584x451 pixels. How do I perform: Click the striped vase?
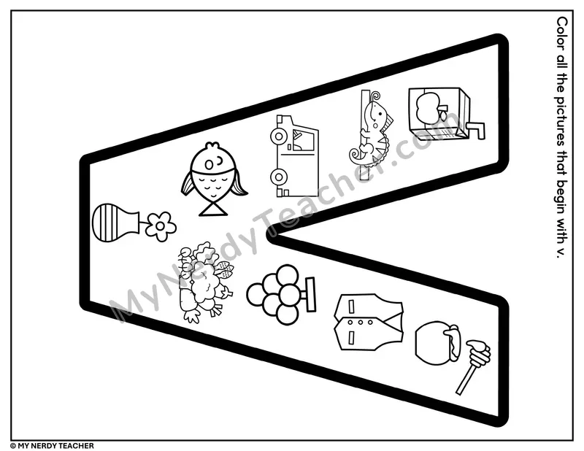point(115,223)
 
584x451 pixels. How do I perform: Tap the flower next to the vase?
point(161,226)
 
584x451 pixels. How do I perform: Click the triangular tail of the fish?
point(213,208)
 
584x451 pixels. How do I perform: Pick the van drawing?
point(293,156)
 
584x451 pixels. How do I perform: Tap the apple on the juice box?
point(427,107)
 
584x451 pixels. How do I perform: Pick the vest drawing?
point(368,322)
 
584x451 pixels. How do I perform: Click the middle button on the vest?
point(360,322)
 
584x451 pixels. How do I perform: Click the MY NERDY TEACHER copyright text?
point(52,446)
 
